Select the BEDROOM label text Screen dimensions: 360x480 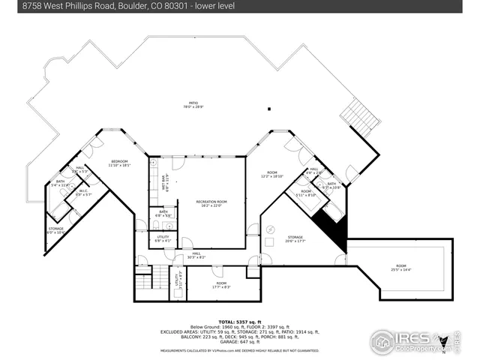tap(120, 163)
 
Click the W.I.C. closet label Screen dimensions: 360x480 tap(84, 192)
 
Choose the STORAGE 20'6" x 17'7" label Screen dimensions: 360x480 tap(294, 238)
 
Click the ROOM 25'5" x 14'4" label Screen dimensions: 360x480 tap(401, 268)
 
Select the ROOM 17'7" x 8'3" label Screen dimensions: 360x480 tap(221, 285)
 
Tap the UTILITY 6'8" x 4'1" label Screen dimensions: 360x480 tap(163, 238)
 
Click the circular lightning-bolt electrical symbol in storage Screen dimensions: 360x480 tap(271, 229)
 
